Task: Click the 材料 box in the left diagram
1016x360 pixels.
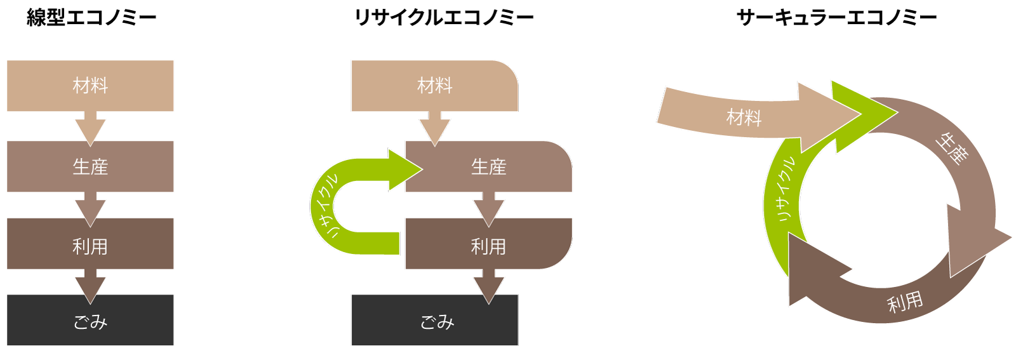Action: (90, 86)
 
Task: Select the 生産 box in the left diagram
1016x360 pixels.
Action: (90, 166)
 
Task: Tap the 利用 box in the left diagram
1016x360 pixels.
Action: (90, 246)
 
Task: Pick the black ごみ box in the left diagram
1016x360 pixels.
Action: (90, 321)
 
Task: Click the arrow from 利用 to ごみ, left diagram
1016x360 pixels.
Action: (90, 285)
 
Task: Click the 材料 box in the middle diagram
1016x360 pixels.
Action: (434, 86)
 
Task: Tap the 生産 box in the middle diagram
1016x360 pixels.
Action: (488, 166)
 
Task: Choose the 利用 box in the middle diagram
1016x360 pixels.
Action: (488, 246)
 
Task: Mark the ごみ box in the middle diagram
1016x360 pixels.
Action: (434, 321)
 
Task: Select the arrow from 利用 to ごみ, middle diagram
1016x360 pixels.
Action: (488, 285)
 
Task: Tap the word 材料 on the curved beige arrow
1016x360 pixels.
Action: (744, 117)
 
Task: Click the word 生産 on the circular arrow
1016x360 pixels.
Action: (951, 149)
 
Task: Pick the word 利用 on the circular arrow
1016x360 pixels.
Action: (904, 302)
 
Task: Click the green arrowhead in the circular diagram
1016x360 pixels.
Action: (860, 114)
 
